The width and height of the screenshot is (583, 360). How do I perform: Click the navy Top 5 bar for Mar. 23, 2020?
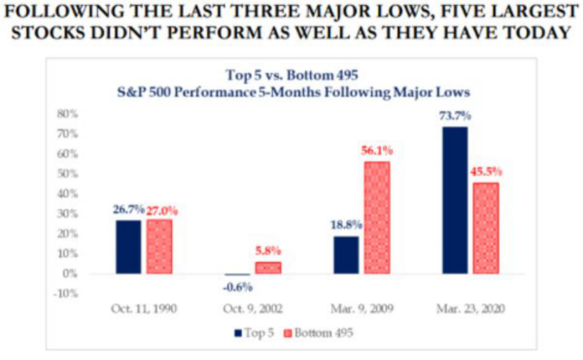(455, 200)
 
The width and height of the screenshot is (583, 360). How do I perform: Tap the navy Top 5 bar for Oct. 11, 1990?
(128, 247)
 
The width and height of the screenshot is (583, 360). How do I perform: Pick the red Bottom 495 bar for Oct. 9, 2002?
(268, 268)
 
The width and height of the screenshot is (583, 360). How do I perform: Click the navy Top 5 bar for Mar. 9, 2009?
(346, 255)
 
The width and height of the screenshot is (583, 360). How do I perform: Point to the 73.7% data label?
(455, 116)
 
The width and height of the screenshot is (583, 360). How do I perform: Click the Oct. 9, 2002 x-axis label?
(253, 309)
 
